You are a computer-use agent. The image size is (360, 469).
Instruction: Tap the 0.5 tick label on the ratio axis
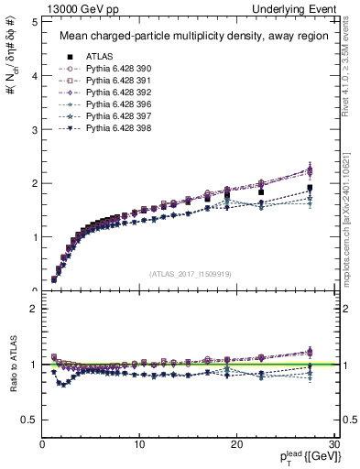coord(29,420)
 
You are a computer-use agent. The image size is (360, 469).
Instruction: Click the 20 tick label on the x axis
coord(236,444)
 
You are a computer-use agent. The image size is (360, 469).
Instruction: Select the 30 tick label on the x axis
coord(333,444)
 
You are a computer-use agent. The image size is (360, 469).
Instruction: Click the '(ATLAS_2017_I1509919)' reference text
coord(190,272)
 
